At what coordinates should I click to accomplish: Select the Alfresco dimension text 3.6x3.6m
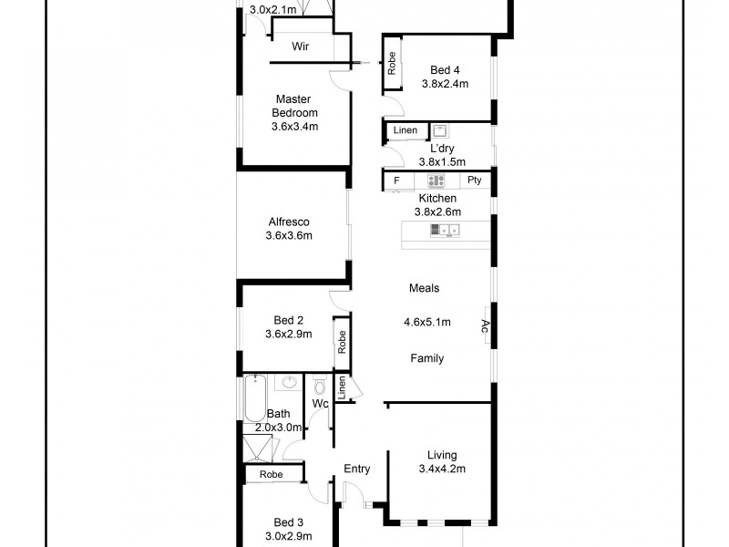click(289, 236)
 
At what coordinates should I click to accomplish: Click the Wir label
click(302, 46)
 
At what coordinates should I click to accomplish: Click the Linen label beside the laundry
click(405, 131)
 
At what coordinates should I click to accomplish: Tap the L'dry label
click(442, 148)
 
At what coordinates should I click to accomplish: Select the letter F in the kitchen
click(396, 181)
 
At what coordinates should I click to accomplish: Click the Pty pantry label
click(474, 181)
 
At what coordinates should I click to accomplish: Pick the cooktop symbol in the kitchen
click(436, 181)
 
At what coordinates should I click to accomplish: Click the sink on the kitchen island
click(445, 232)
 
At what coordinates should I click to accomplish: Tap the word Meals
click(424, 288)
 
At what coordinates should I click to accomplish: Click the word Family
click(426, 358)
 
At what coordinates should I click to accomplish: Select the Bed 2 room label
click(288, 320)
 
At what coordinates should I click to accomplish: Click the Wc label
click(320, 402)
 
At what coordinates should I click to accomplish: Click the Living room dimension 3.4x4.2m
click(442, 470)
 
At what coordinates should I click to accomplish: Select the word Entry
click(356, 470)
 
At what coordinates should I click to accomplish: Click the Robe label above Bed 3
click(271, 474)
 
